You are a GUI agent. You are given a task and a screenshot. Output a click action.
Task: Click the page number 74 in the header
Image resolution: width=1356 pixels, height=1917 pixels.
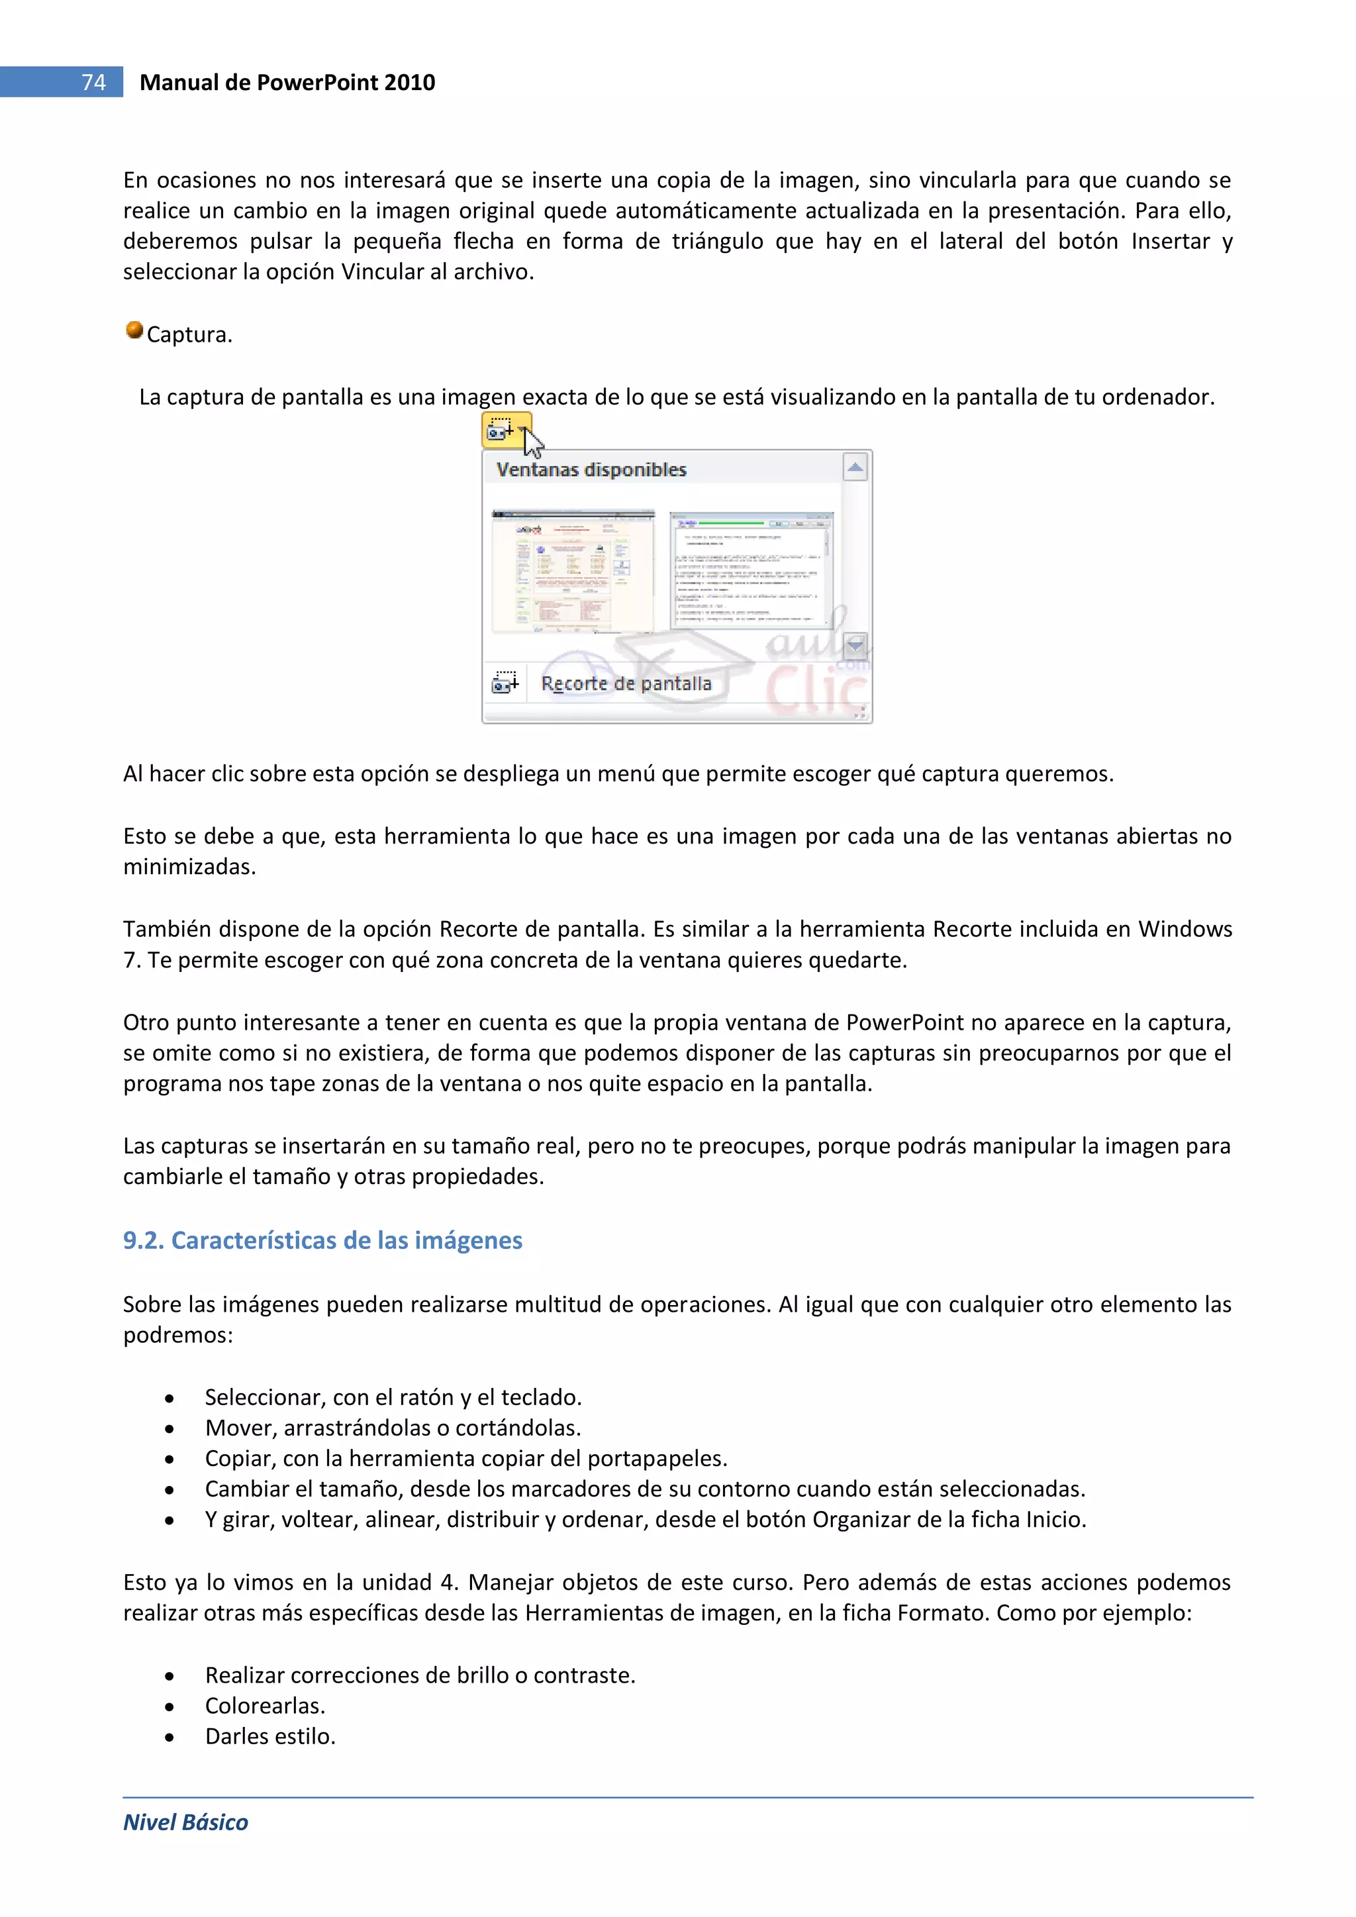[93, 82]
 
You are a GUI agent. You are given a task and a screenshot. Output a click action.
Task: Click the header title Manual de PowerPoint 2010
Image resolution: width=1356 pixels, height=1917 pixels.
[287, 82]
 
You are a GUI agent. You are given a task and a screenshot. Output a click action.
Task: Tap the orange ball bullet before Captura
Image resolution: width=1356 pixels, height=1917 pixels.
[134, 330]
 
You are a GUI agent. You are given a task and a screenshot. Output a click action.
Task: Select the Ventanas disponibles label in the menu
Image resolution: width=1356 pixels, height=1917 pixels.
[591, 469]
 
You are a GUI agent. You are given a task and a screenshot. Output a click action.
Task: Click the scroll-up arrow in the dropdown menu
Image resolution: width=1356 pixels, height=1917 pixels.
[855, 467]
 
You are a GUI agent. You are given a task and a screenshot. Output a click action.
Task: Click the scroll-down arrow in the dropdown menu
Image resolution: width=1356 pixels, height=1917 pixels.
[855, 644]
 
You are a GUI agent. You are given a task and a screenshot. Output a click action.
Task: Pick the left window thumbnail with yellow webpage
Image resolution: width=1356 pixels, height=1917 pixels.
[573, 571]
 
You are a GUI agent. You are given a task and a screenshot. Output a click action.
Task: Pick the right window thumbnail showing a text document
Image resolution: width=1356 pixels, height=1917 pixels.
[751, 571]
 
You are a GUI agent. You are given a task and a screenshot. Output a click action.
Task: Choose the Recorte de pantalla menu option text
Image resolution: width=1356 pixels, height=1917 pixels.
[626, 683]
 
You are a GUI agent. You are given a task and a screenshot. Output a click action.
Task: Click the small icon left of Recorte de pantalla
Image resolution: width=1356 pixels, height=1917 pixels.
[505, 682]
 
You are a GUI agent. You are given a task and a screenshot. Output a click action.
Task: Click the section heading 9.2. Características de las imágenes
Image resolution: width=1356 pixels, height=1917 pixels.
[322, 1240]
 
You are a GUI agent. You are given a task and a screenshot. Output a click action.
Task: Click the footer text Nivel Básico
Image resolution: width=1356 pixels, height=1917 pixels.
[185, 1822]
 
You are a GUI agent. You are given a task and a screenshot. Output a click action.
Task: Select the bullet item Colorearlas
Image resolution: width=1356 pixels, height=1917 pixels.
[265, 1705]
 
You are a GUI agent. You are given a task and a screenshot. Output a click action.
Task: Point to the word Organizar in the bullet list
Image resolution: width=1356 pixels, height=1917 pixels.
[861, 1519]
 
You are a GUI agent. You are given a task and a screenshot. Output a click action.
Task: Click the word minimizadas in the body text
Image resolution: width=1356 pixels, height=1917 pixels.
[188, 867]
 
